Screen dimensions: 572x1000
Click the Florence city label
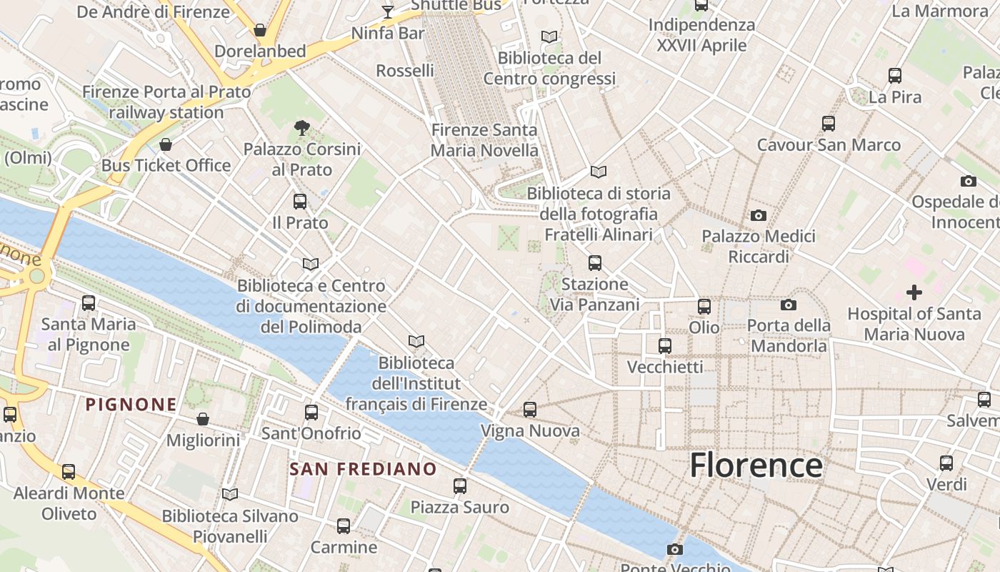[x=756, y=465]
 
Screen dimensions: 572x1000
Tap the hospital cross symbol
[x=914, y=292]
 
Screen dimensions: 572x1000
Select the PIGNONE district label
[x=131, y=405]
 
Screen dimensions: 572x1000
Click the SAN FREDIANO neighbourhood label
[x=363, y=469]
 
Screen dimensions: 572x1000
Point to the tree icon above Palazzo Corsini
[x=302, y=128]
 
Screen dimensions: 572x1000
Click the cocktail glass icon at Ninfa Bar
[x=388, y=11]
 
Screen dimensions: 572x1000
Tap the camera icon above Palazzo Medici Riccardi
[x=758, y=215]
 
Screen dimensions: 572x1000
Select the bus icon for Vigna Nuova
[x=529, y=410]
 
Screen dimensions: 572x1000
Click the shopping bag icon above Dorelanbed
[x=260, y=30]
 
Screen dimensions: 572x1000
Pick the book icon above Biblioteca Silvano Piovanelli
[x=229, y=494]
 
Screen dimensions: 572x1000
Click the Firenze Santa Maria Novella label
[x=484, y=140]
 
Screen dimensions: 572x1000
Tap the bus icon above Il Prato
[x=300, y=202]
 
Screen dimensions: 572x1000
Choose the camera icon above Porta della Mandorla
[x=788, y=305]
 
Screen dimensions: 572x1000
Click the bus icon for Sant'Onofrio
[x=311, y=413]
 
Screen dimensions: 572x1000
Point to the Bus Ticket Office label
[x=166, y=165]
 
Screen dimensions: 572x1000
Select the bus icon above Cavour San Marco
[x=829, y=124]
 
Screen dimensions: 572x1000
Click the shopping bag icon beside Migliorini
[x=203, y=419]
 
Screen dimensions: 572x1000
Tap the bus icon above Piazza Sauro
[x=460, y=486]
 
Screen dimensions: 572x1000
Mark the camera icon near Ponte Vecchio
[x=674, y=549]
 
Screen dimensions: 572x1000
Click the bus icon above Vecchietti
[x=665, y=346]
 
